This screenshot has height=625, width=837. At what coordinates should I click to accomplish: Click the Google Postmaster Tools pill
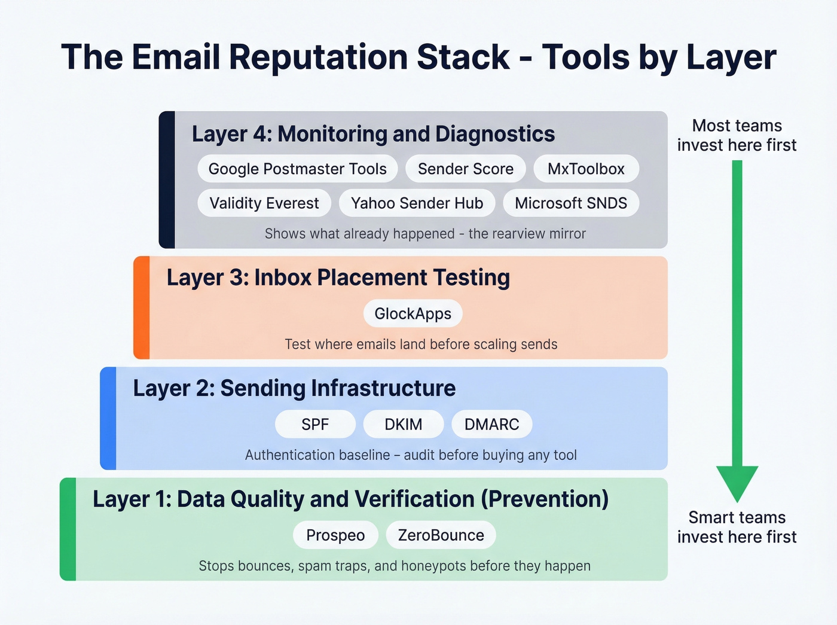coord(297,169)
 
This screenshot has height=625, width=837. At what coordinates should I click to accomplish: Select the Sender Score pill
coord(465,169)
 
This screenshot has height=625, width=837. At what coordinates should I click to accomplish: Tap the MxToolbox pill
coord(586,169)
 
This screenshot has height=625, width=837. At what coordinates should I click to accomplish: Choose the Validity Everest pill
coord(264,203)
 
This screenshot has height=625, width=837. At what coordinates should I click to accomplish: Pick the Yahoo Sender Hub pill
coord(417,203)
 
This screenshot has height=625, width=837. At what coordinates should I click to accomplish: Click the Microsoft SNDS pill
coord(571,203)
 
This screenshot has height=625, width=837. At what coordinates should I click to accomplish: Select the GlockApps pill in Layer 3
coord(413,314)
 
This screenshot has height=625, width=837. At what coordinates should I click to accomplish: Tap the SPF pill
coord(315,425)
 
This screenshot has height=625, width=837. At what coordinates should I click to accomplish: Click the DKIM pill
coord(403,425)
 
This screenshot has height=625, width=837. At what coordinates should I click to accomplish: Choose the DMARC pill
coord(491,425)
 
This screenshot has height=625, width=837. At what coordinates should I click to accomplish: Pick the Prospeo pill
coord(335,535)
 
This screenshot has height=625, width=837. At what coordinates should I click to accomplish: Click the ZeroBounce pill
coord(441,535)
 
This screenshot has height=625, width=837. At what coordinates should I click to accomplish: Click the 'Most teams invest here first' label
coord(737,135)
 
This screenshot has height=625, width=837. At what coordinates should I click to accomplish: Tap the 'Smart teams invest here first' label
coord(737,527)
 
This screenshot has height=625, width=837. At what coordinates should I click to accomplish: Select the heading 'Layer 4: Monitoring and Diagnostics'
coord(373,134)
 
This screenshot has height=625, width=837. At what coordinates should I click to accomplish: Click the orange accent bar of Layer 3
coord(142,307)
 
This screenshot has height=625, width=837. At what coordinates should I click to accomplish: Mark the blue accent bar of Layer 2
coord(108,418)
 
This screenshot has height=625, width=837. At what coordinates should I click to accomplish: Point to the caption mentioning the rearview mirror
coord(425,234)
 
